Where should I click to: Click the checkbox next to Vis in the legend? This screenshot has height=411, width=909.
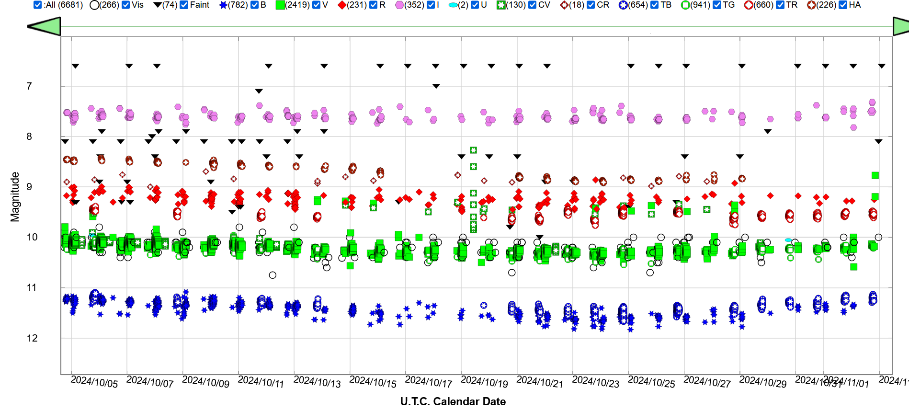coord(126,5)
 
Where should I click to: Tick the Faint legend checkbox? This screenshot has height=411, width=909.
coord(184,5)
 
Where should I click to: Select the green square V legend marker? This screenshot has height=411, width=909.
coord(280,5)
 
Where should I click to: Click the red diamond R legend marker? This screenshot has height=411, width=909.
coord(341,5)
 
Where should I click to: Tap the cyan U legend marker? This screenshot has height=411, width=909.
coord(453,5)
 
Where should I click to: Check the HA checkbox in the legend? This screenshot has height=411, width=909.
coord(843,5)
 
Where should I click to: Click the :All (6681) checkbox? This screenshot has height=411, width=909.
coord(38,5)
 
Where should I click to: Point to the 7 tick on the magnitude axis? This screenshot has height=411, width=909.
coord(29,86)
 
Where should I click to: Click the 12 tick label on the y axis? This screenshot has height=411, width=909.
coord(32,338)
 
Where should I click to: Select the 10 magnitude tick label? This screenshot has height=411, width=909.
coord(32,237)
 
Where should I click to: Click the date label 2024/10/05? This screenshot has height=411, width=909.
coord(94,382)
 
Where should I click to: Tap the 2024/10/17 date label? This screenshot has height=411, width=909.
coord(429,382)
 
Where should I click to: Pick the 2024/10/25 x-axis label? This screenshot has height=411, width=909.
coord(651,382)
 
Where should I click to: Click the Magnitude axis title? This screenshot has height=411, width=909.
coord(15,197)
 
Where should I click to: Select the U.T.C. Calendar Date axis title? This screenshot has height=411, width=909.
coord(453,401)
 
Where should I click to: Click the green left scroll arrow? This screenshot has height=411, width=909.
coord(45,26)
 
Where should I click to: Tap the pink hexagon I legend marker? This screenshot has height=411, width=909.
coord(399,5)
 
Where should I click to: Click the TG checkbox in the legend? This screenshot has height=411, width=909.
coord(717,5)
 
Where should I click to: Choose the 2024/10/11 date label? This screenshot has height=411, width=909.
coord(261,382)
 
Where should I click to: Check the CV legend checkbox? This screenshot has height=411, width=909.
coord(532,5)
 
